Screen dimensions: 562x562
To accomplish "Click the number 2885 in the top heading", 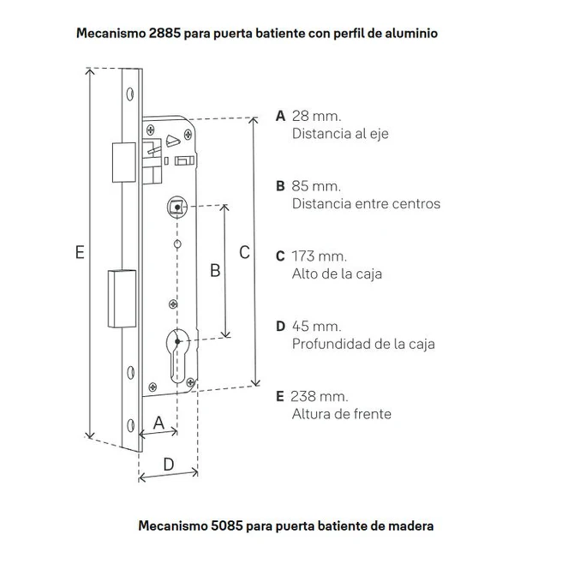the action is [x=165, y=33].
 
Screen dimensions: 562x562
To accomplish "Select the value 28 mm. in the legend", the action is [x=317, y=116].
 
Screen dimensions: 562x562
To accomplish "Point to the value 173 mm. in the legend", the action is [x=319, y=256].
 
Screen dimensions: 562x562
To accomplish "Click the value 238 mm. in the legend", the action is [x=319, y=396].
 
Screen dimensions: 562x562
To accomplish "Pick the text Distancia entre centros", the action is [x=366, y=204].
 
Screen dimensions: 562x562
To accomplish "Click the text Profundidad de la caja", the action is [x=363, y=344].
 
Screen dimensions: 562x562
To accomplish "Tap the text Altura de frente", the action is [x=341, y=414].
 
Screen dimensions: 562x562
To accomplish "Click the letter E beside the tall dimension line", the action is [x=80, y=252].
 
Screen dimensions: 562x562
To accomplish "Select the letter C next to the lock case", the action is [x=244, y=252].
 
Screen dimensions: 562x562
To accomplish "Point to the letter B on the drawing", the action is [x=215, y=271].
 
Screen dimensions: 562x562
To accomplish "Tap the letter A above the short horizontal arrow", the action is [x=159, y=423].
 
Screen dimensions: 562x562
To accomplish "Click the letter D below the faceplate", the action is [x=169, y=464].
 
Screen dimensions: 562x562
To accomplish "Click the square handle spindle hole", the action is [x=177, y=207].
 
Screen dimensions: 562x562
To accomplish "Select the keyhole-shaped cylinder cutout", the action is [x=177, y=356].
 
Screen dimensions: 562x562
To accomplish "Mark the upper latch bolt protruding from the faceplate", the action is [x=124, y=163].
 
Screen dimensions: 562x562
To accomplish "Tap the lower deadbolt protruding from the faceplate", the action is [x=122, y=299].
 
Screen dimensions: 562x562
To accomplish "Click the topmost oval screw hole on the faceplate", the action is [x=130, y=94].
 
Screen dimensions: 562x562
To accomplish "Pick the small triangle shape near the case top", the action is [x=173, y=141].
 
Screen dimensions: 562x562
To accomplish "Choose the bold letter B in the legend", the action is [x=280, y=186].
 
